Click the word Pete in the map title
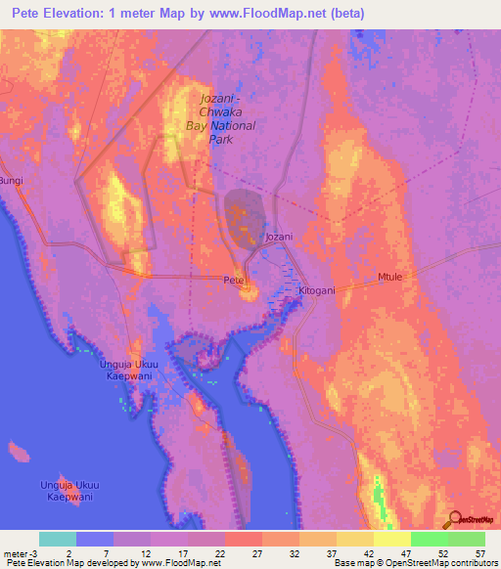[29, 14]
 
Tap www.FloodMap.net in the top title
[297, 14]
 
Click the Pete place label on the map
[234, 280]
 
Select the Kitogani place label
[316, 291]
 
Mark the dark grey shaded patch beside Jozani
[245, 215]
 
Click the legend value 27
[259, 553]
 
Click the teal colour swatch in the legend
[58, 539]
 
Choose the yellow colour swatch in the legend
[392, 539]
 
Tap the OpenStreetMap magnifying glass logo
[453, 519]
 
